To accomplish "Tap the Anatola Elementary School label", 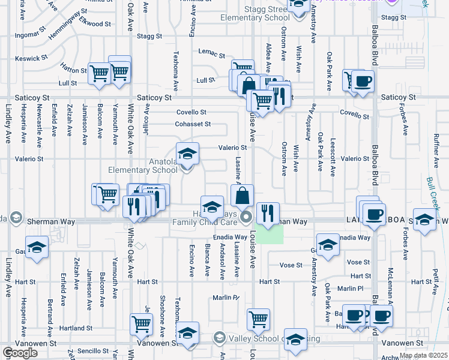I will point(143,166).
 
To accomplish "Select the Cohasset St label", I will point(193,124).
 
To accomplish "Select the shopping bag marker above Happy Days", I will point(243,196).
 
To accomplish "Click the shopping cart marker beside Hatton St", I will point(100,73).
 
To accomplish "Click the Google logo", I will point(20,353).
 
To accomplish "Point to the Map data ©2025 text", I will point(423,355).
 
